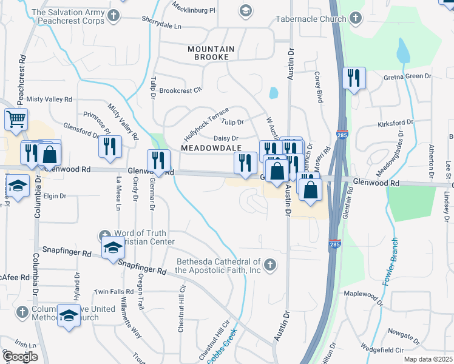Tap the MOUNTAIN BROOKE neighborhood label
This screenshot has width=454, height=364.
pyautogui.click(x=208, y=53)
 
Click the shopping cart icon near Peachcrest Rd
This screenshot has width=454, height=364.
pyautogui.click(x=16, y=119)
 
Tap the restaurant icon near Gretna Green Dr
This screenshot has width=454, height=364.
pyautogui.click(x=353, y=78)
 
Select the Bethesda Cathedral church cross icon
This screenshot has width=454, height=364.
pyautogui.click(x=270, y=265)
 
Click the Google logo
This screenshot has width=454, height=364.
pyautogui.click(x=19, y=356)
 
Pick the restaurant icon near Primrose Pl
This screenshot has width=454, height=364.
pyautogui.click(x=110, y=146)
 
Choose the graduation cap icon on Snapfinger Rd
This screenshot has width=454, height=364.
pyautogui.click(x=112, y=247)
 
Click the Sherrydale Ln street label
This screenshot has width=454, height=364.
pyautogui.click(x=161, y=27)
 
